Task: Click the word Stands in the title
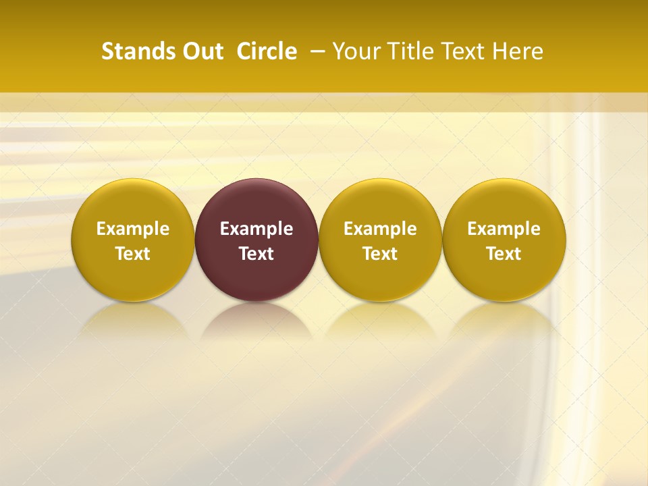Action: [132, 51]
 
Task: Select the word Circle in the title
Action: [267, 51]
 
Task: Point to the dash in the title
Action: [315, 51]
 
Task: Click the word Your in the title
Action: [356, 51]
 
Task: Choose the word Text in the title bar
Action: [464, 51]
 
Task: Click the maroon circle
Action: [256, 202]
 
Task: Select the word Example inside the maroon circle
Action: [256, 229]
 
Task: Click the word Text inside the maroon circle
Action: [256, 254]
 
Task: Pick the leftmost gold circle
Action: [133, 202]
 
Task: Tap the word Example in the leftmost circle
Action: [133, 229]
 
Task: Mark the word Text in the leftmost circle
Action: [133, 254]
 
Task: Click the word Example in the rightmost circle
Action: [504, 229]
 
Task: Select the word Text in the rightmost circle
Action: [504, 254]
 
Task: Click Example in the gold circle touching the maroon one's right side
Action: [380, 229]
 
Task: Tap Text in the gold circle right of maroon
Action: [380, 254]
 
